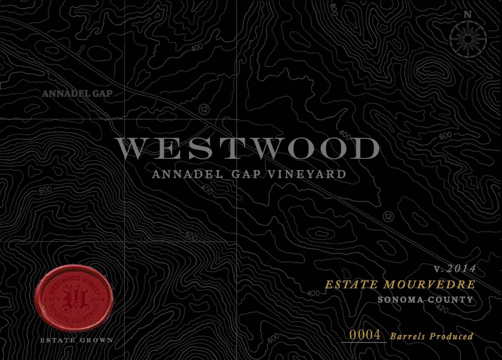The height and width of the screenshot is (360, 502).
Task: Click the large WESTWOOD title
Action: coord(247,149)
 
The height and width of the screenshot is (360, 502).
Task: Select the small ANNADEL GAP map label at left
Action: coord(76,94)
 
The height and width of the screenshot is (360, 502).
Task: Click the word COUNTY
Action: coord(452,299)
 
